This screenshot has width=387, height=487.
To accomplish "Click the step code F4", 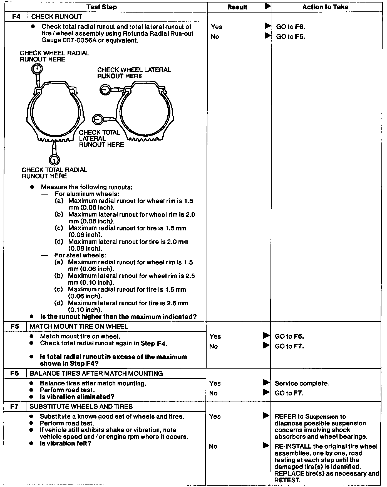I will [16, 16].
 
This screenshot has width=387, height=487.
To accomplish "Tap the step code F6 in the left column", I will [14, 373].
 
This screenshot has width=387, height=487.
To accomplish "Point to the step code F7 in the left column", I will [14, 406].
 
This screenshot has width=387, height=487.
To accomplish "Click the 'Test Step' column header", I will [101, 7].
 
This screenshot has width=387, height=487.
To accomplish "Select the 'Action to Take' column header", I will [325, 7].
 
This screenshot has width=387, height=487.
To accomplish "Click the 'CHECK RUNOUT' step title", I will [56, 17].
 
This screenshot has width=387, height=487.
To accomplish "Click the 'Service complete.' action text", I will [302, 383].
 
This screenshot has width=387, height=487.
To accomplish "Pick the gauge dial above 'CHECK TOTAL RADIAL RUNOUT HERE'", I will [54, 160].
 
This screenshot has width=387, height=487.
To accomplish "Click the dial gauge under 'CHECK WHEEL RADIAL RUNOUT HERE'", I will [37, 69].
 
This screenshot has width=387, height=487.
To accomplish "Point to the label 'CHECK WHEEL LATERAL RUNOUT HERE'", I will [134, 73].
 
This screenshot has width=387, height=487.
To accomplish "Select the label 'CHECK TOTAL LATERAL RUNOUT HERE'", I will [101, 139].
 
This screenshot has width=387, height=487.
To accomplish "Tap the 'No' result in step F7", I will [213, 446].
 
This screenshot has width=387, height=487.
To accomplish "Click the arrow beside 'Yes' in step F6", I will [266, 383].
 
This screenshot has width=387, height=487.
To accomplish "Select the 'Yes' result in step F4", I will [217, 27].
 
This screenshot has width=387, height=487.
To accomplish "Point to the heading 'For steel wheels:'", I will [80, 255].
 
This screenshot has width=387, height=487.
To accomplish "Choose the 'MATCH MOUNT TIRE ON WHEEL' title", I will [79, 326].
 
